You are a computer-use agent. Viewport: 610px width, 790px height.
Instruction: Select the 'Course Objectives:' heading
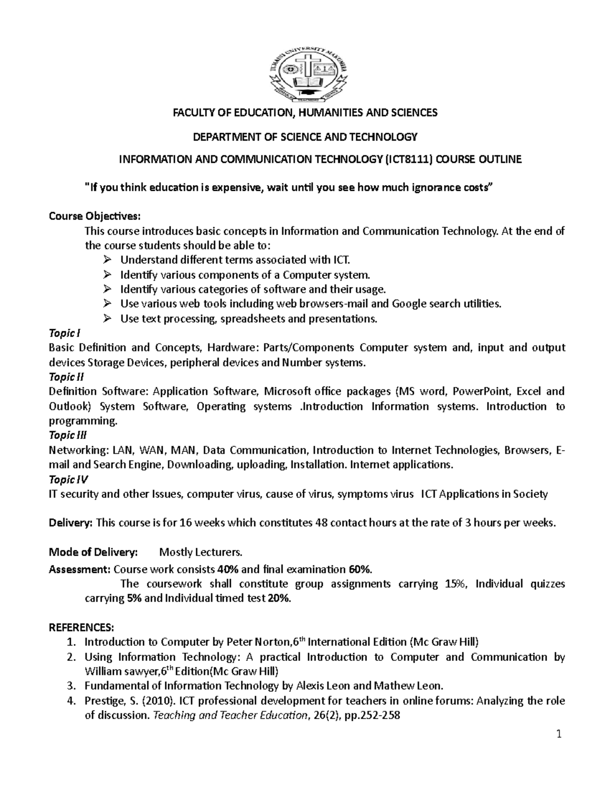coord(93,216)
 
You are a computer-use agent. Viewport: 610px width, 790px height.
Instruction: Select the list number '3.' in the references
coord(72,686)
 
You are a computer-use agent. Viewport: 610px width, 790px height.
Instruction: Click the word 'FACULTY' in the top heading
coord(193,113)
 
